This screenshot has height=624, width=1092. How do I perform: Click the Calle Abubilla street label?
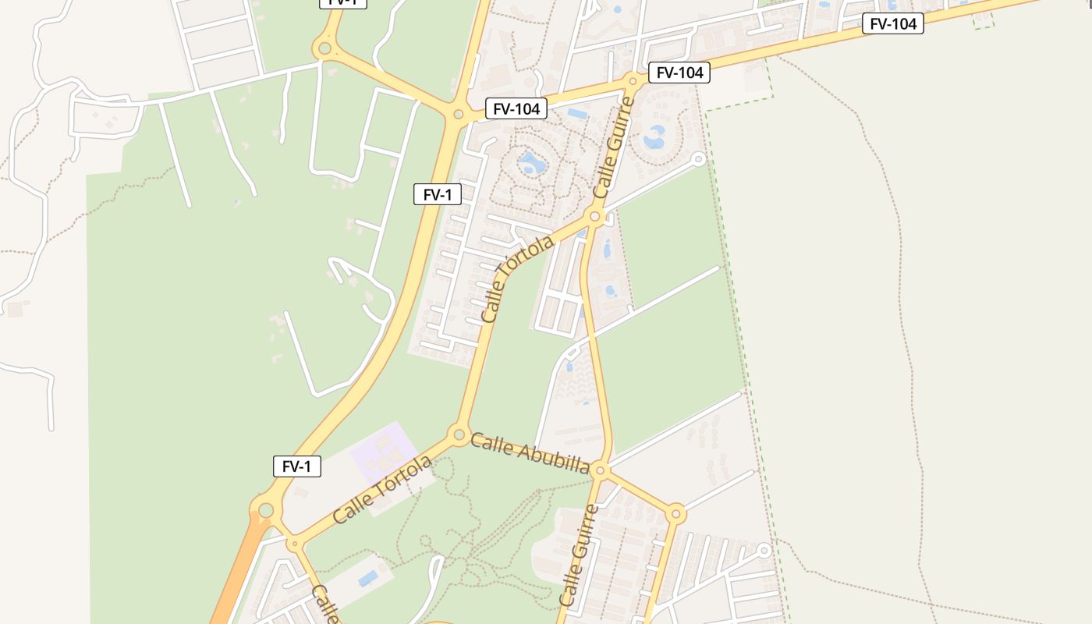530,454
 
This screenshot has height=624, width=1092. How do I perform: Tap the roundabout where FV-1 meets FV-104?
458,115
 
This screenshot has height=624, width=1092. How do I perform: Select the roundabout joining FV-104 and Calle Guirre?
633,80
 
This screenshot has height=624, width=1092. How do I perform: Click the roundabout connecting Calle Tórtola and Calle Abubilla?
458,434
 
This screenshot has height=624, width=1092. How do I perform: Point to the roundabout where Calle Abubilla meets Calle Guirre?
600,470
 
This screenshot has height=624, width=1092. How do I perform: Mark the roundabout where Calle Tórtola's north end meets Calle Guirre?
595,216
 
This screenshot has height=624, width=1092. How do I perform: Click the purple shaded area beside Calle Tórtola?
383,452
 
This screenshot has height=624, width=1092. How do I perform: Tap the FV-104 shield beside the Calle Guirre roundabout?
679,73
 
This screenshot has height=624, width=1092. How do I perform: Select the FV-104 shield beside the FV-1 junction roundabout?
516,108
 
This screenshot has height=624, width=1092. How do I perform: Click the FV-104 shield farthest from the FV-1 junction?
892,23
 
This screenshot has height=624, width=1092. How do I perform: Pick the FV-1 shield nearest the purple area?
296,466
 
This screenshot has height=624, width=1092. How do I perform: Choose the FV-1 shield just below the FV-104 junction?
437,194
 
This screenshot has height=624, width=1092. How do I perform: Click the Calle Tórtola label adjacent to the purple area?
382,490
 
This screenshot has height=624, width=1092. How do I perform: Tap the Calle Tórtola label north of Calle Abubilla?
517,278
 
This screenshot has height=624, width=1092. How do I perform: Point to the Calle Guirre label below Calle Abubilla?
580,555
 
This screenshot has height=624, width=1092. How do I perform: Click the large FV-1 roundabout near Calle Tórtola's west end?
265,511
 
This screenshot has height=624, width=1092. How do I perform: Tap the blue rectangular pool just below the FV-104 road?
577,114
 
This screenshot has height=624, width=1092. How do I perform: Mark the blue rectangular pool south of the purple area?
367,578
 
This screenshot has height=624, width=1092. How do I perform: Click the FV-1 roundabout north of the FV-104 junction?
324,49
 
